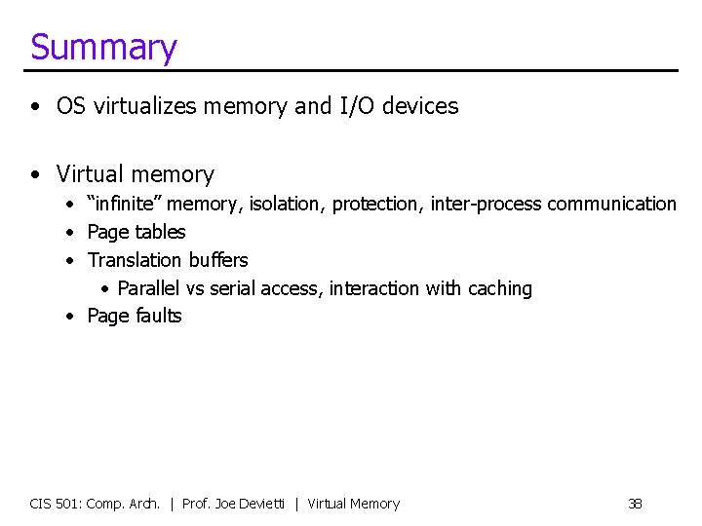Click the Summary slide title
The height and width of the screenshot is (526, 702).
tap(103, 47)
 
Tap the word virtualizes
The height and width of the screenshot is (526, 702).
tap(140, 106)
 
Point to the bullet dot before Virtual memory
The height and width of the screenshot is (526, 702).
tap(35, 175)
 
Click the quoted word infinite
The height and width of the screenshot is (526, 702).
tap(125, 204)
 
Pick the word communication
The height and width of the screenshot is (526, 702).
tap(611, 204)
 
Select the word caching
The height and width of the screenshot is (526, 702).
tap(500, 288)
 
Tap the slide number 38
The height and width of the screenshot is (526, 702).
tap(635, 504)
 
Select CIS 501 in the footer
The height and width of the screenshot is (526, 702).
tap(55, 504)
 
